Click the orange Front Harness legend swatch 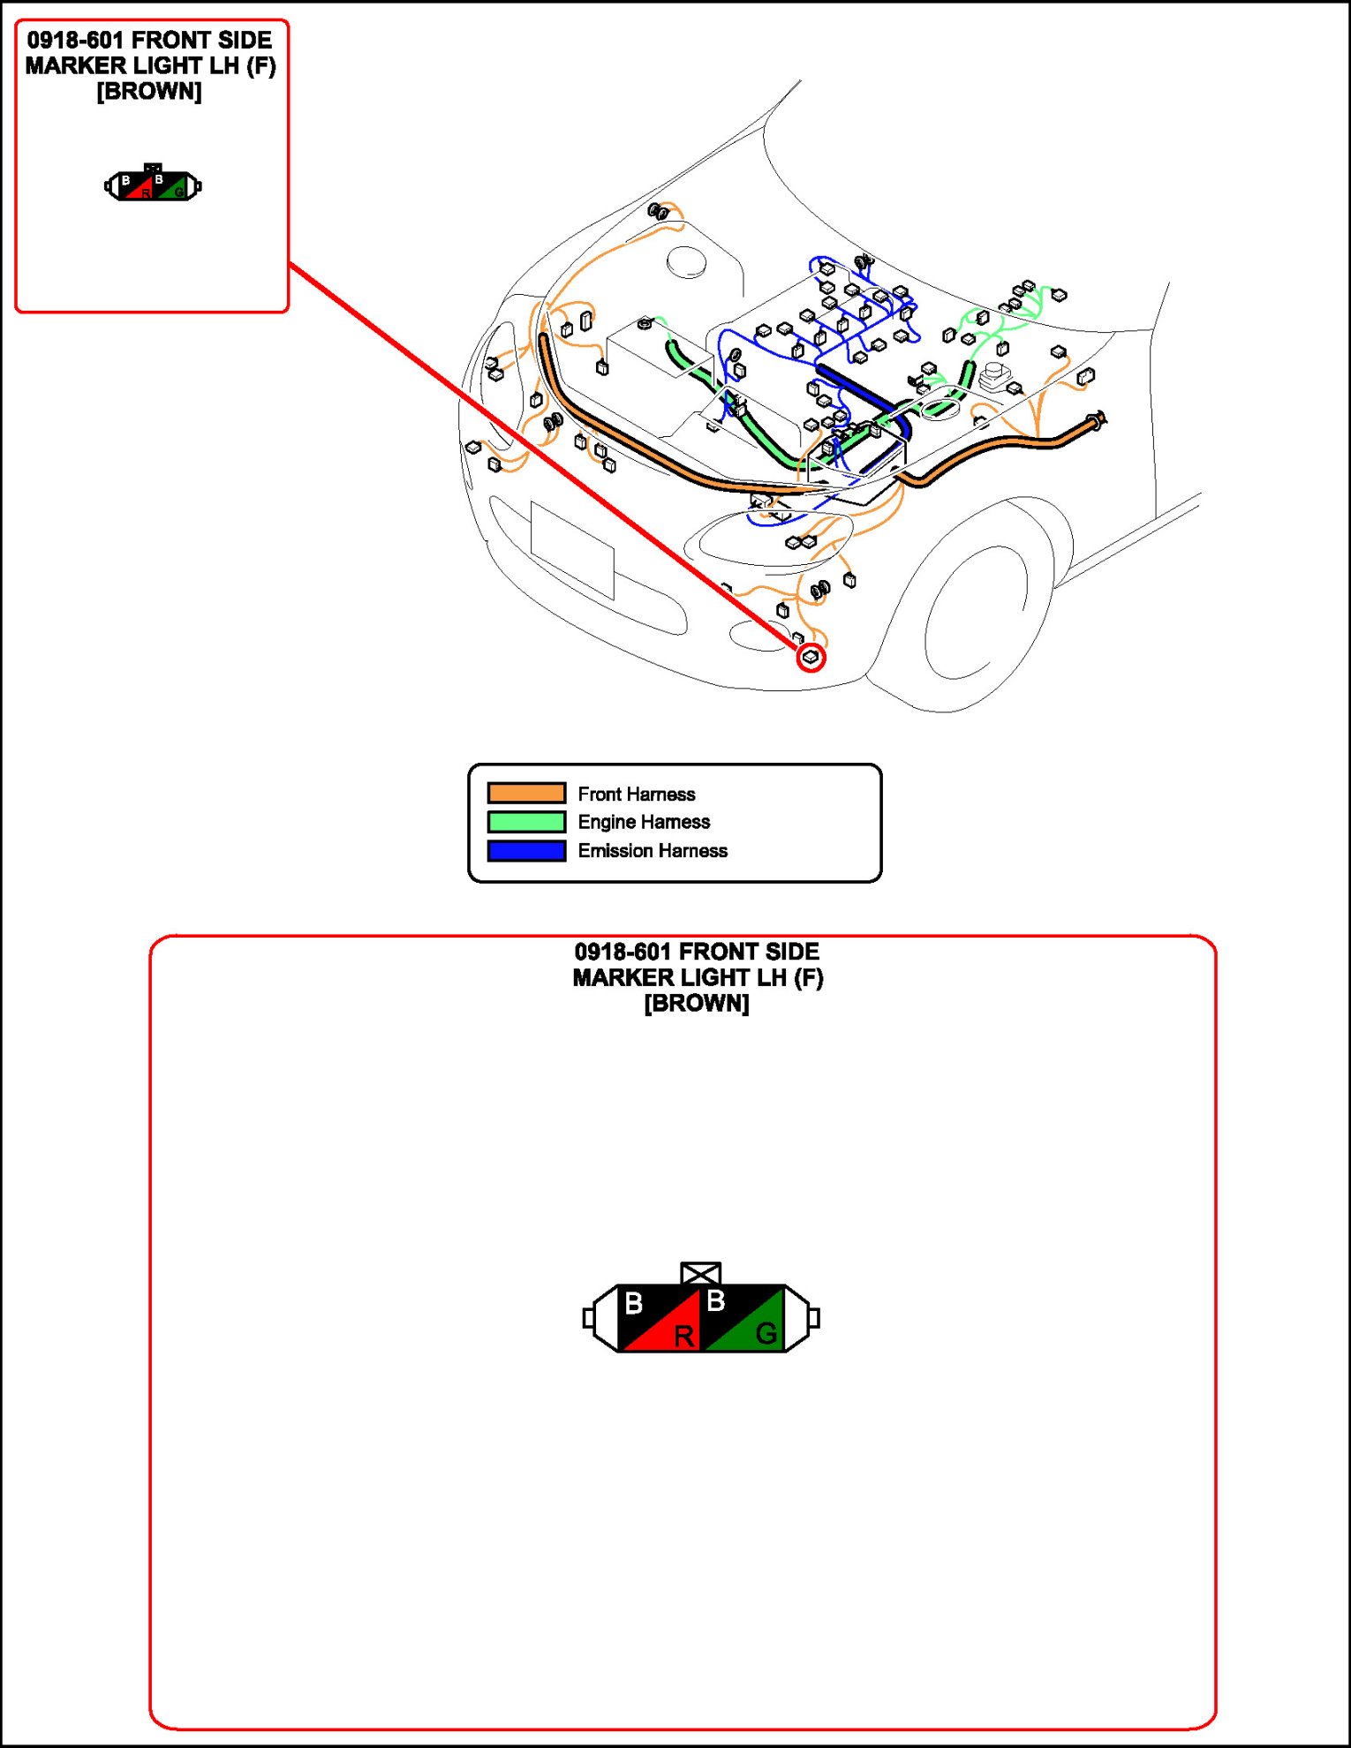(526, 793)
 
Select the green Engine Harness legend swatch (526, 822)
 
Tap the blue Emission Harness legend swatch (526, 851)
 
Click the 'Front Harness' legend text (636, 794)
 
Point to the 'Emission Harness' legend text (653, 851)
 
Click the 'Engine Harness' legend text (644, 822)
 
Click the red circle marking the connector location (811, 658)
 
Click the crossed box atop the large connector (701, 1273)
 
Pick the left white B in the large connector (634, 1303)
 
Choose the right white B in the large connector (716, 1300)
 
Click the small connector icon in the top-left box (153, 185)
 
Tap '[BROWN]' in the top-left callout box (149, 92)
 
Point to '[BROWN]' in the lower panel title (697, 1004)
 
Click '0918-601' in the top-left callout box (74, 41)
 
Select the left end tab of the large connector (589, 1318)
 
